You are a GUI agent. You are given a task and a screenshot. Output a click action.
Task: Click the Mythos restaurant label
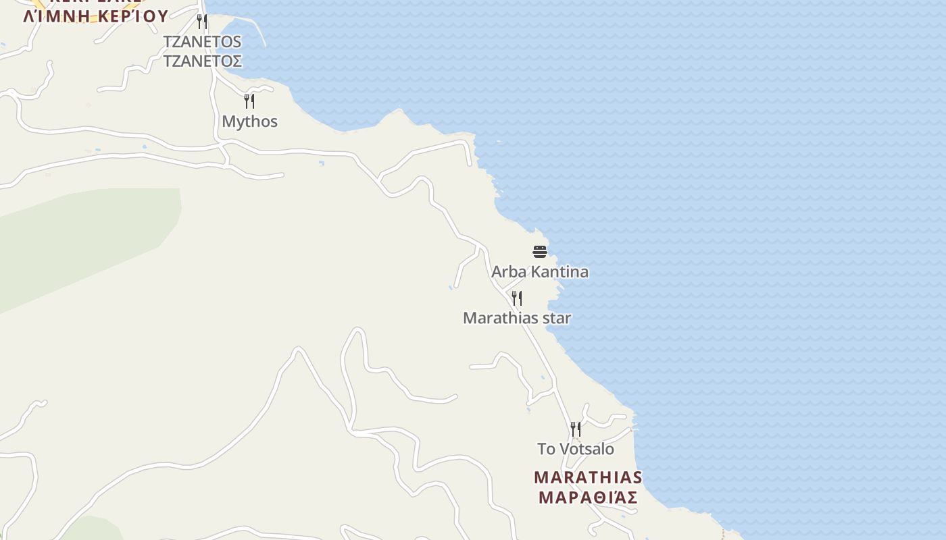click(x=249, y=122)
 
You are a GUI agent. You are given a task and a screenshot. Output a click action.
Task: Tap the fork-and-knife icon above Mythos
click(x=249, y=101)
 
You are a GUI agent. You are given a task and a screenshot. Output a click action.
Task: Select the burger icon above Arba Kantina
click(x=539, y=252)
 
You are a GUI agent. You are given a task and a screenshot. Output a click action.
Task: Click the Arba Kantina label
click(x=539, y=272)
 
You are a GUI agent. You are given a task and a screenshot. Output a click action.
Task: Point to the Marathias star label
click(x=517, y=318)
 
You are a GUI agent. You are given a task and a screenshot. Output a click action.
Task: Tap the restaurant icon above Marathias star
click(x=517, y=298)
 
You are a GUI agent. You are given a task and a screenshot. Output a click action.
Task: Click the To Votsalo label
click(x=576, y=449)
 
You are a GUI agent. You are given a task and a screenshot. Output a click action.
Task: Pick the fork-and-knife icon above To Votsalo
click(x=576, y=429)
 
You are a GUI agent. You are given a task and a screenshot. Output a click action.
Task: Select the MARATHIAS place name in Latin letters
click(x=588, y=478)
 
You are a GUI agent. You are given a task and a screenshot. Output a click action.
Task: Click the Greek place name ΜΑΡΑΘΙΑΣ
click(x=588, y=498)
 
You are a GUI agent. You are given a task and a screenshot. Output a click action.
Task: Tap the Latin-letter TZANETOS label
click(x=202, y=42)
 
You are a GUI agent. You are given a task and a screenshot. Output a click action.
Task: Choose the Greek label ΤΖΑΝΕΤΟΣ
click(x=202, y=61)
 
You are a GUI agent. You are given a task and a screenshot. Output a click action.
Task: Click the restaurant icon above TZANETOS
click(x=202, y=22)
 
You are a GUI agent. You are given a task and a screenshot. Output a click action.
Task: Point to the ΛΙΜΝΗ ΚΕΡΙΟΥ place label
click(x=95, y=16)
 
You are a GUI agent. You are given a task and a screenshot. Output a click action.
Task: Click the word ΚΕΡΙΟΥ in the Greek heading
click(x=132, y=16)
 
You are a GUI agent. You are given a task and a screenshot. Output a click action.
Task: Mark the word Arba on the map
click(x=506, y=272)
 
